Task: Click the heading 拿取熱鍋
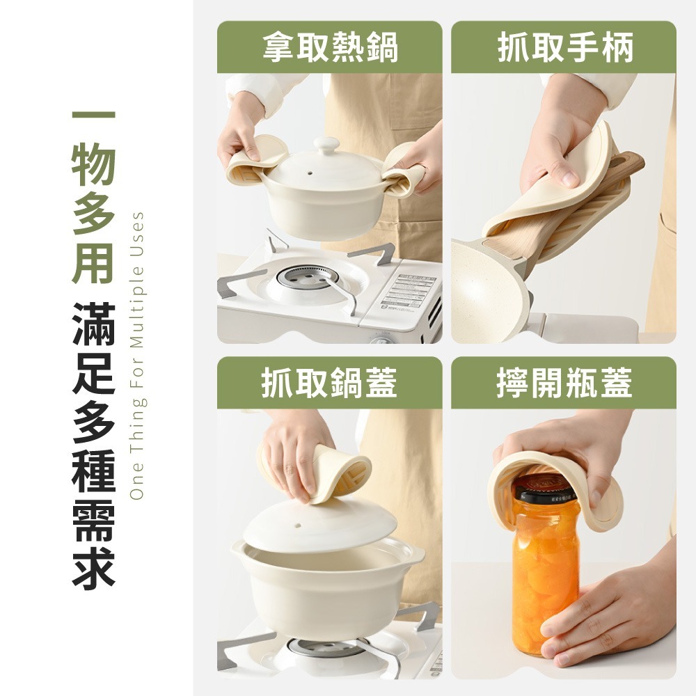click(330, 48)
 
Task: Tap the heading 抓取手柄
click(564, 48)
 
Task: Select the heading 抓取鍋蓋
click(330, 383)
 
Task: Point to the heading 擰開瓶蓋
click(564, 383)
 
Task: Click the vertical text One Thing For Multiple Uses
click(137, 355)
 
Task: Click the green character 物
click(93, 167)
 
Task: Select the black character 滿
click(93, 324)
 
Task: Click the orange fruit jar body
click(546, 578)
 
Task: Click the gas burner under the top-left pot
click(308, 276)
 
